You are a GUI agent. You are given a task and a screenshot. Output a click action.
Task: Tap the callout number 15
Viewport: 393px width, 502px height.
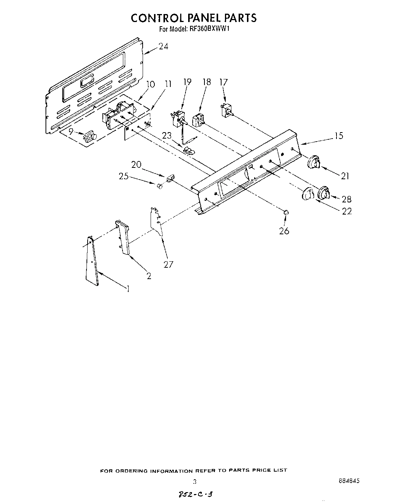339,135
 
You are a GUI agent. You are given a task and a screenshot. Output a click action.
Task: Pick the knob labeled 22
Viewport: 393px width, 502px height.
308,195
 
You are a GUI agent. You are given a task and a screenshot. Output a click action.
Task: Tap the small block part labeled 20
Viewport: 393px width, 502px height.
170,177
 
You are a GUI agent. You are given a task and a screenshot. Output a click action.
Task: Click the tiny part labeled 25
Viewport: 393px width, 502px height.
160,186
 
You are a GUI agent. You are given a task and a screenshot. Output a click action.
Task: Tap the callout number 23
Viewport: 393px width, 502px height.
167,136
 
